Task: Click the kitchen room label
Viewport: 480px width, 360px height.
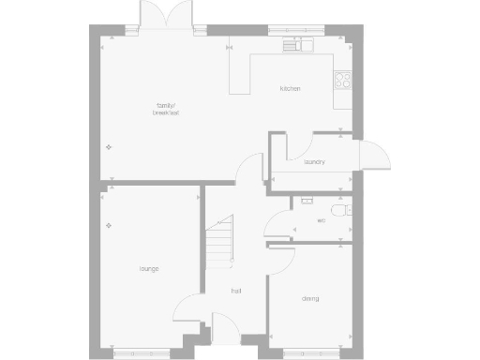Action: [290, 89]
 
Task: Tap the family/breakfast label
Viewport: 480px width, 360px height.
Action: [166, 110]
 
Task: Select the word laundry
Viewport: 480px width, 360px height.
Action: [314, 161]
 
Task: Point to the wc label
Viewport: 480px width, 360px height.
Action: [321, 221]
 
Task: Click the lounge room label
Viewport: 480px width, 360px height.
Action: [148, 269]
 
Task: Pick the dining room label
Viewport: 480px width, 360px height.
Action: [310, 299]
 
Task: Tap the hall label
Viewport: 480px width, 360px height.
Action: [237, 292]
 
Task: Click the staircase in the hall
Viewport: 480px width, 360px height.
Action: [219, 240]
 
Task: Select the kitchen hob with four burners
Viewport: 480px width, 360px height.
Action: [343, 81]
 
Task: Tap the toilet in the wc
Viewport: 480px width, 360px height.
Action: [347, 210]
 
